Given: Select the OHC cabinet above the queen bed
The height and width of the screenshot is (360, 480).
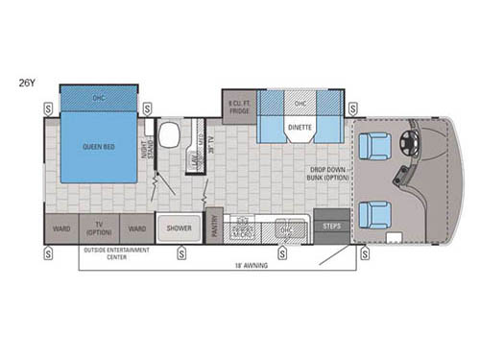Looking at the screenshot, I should point(99,97).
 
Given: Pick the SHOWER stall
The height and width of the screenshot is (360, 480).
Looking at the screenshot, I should point(179,228).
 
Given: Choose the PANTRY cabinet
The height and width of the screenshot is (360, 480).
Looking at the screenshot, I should point(214,226).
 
